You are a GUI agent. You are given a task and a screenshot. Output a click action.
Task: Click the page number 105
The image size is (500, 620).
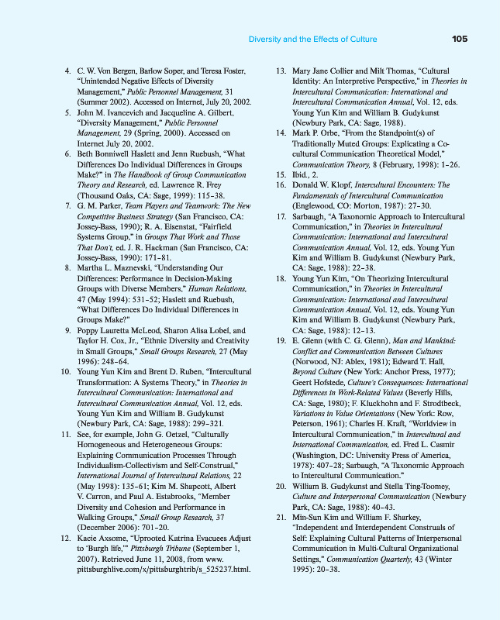pos(459,39)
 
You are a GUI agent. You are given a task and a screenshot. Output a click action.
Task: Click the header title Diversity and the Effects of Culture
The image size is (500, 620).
pos(312,39)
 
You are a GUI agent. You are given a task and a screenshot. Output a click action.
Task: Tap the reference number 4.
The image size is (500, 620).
pos(67,71)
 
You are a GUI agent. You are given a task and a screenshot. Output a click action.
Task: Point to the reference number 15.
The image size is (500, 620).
pos(281,176)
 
